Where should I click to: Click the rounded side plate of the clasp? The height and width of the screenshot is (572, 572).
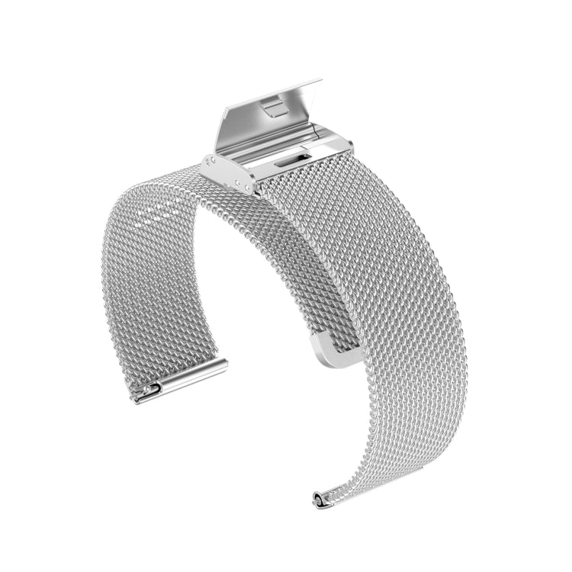click(230, 175)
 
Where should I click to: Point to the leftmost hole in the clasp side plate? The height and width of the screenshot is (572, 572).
click(213, 162)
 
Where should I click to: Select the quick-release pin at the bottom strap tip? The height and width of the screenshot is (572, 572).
click(317, 499)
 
